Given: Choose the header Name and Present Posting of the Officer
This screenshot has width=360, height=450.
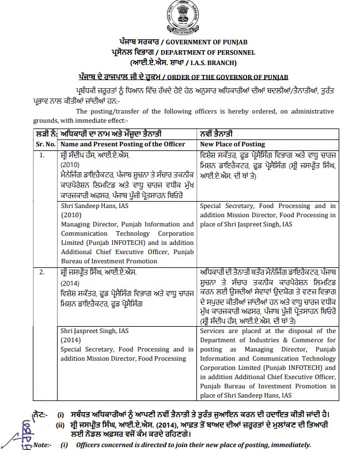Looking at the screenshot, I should pyautogui.click(x=123, y=143).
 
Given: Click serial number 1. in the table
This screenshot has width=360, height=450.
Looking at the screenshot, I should pyautogui.click(x=41, y=155).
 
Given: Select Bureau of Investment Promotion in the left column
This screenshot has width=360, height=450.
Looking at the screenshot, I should pyautogui.click(x=104, y=262).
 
